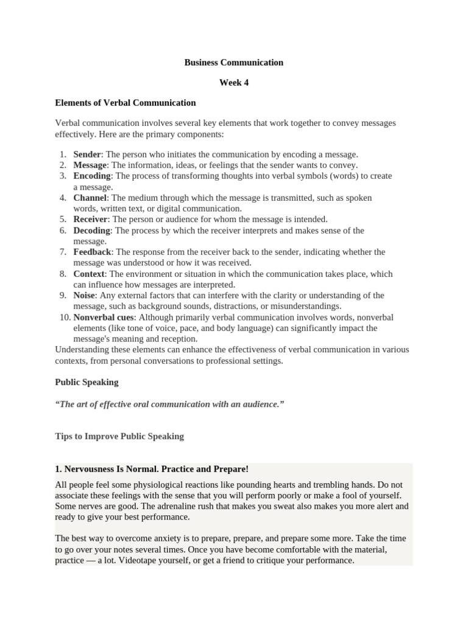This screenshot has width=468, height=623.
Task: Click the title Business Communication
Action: (x=234, y=62)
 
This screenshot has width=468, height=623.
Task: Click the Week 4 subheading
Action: (x=234, y=83)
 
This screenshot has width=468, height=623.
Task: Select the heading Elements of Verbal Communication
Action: (x=125, y=103)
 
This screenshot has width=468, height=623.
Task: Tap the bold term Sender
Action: (x=87, y=155)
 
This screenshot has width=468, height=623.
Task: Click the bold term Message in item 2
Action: (x=90, y=165)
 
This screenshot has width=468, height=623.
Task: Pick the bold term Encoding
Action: (x=92, y=176)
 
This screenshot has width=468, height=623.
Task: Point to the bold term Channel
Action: (x=90, y=198)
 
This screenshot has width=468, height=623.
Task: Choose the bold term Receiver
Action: (x=91, y=219)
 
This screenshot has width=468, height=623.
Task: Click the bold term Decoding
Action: (x=92, y=231)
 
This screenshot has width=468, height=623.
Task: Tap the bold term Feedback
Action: (x=93, y=252)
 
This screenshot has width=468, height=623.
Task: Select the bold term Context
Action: (x=89, y=274)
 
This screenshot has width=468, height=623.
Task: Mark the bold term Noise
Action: (x=85, y=295)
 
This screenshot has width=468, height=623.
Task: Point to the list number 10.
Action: (x=64, y=317)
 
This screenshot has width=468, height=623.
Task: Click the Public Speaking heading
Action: (x=87, y=383)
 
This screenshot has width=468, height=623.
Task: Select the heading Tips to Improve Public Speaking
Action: (x=119, y=436)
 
